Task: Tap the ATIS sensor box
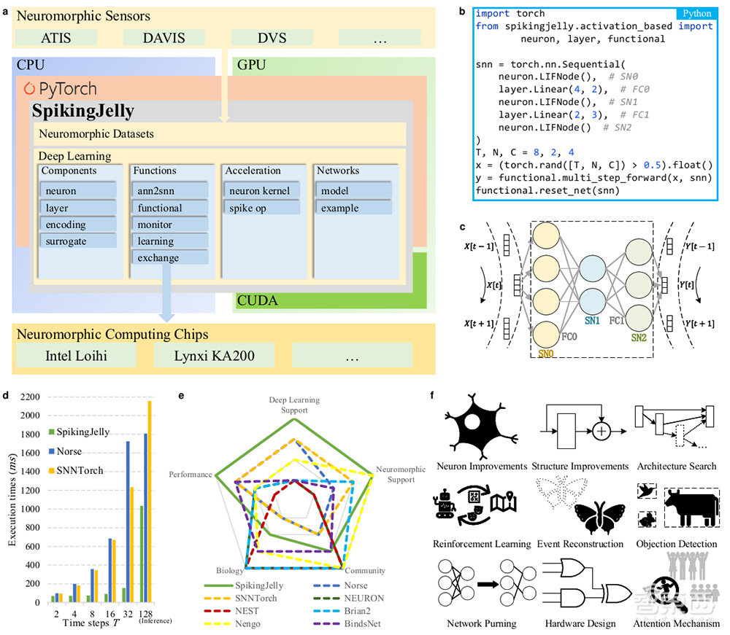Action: (56, 39)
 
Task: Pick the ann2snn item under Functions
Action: (170, 191)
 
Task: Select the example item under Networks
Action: (353, 208)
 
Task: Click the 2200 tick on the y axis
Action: (33, 397)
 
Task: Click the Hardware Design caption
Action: (580, 623)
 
